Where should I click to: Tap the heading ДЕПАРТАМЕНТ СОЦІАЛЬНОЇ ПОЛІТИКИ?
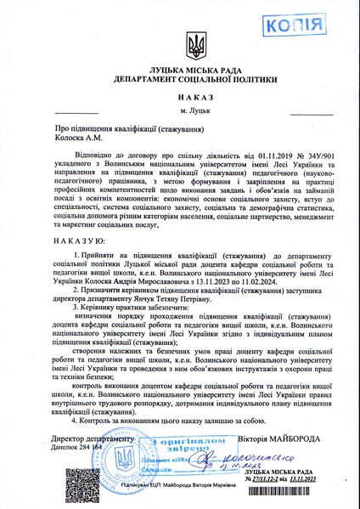pyautogui.click(x=180, y=87)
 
